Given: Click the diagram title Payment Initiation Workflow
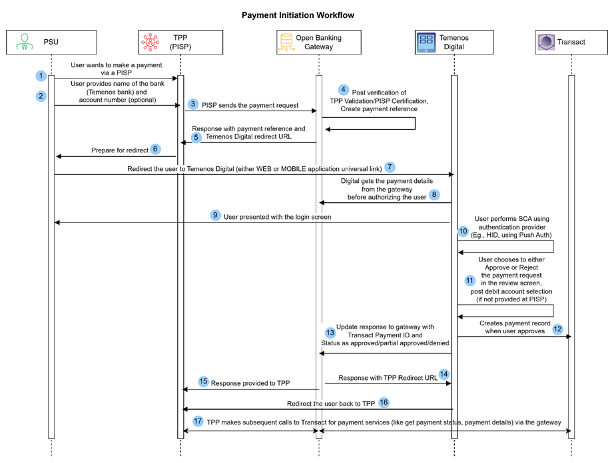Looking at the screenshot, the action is coord(298,15).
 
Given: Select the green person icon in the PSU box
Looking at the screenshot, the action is coord(24,42).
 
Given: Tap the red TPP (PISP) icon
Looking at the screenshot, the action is coord(151,42).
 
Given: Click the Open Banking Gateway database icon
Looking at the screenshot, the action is coord(286,42).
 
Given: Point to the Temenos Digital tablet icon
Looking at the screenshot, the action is coord(426,42).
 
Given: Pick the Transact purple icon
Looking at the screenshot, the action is coord(546,42).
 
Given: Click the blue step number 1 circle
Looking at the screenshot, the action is coord(41,75).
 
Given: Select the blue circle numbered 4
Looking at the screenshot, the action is coord(343,90).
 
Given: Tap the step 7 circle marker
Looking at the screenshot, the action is coord(390,167).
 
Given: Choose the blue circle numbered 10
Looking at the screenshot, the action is coord(463,231).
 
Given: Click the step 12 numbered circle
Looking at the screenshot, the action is coord(557,329).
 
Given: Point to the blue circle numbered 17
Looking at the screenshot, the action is coord(198,421).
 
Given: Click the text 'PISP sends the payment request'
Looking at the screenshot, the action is coord(250,105).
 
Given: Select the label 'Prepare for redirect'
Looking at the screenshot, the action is coord(120,150).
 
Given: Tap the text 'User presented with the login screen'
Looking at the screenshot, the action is coord(277,217).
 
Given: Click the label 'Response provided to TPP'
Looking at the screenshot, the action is coord(250,383).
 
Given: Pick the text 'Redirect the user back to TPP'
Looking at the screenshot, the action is coord(331,404).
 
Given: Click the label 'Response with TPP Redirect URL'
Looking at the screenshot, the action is coord(388,378).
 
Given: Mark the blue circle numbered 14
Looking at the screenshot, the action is coord(444,375).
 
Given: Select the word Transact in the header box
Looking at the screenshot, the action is coord(571,42).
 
